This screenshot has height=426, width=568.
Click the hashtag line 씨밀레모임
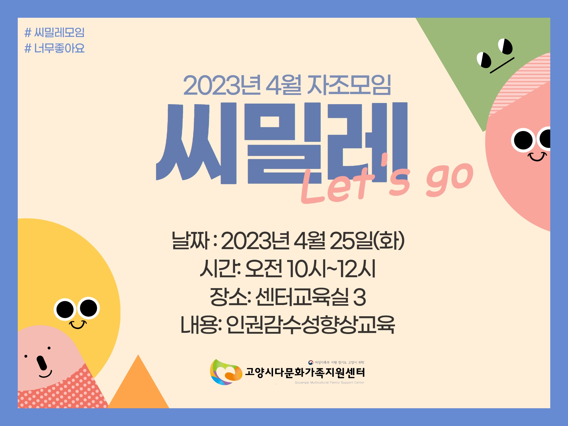[x=54, y=32]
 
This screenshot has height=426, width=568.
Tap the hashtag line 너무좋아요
[x=54, y=48]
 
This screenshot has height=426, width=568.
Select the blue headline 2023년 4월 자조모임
[x=287, y=85]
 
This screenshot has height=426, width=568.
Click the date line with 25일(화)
[x=288, y=240]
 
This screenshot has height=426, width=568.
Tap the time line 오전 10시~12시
[x=288, y=268]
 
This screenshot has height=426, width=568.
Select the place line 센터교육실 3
[x=288, y=296]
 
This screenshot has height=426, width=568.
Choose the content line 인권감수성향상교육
[x=288, y=324]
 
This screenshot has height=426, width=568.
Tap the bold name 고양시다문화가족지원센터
[x=305, y=372]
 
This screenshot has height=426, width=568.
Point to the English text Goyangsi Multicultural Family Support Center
[x=330, y=383]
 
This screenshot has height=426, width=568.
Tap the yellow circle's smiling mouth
[x=78, y=325]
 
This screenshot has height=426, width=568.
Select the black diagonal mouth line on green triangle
[x=502, y=65]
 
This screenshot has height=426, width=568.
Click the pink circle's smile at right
[x=537, y=156]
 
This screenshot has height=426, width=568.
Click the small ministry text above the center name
[x=336, y=362]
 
